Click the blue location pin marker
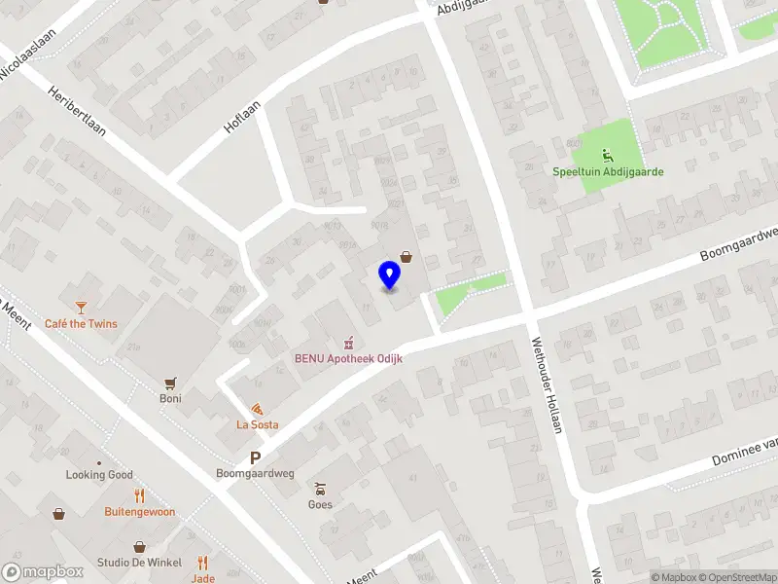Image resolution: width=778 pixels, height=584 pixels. [389, 275]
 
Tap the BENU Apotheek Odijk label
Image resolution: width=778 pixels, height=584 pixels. [349, 358]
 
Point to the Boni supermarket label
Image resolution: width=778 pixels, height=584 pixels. [171, 398]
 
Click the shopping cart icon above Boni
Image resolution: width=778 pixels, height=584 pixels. [171, 382]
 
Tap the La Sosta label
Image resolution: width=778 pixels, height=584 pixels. [258, 424]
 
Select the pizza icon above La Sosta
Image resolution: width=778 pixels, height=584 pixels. [257, 409]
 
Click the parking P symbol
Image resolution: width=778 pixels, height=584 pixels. [256, 457]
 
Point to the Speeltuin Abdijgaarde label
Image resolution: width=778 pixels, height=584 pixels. [609, 172]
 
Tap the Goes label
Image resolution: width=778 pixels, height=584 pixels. [320, 504]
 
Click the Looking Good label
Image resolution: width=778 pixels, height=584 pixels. [99, 475]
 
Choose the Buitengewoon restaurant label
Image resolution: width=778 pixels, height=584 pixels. [140, 511]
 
